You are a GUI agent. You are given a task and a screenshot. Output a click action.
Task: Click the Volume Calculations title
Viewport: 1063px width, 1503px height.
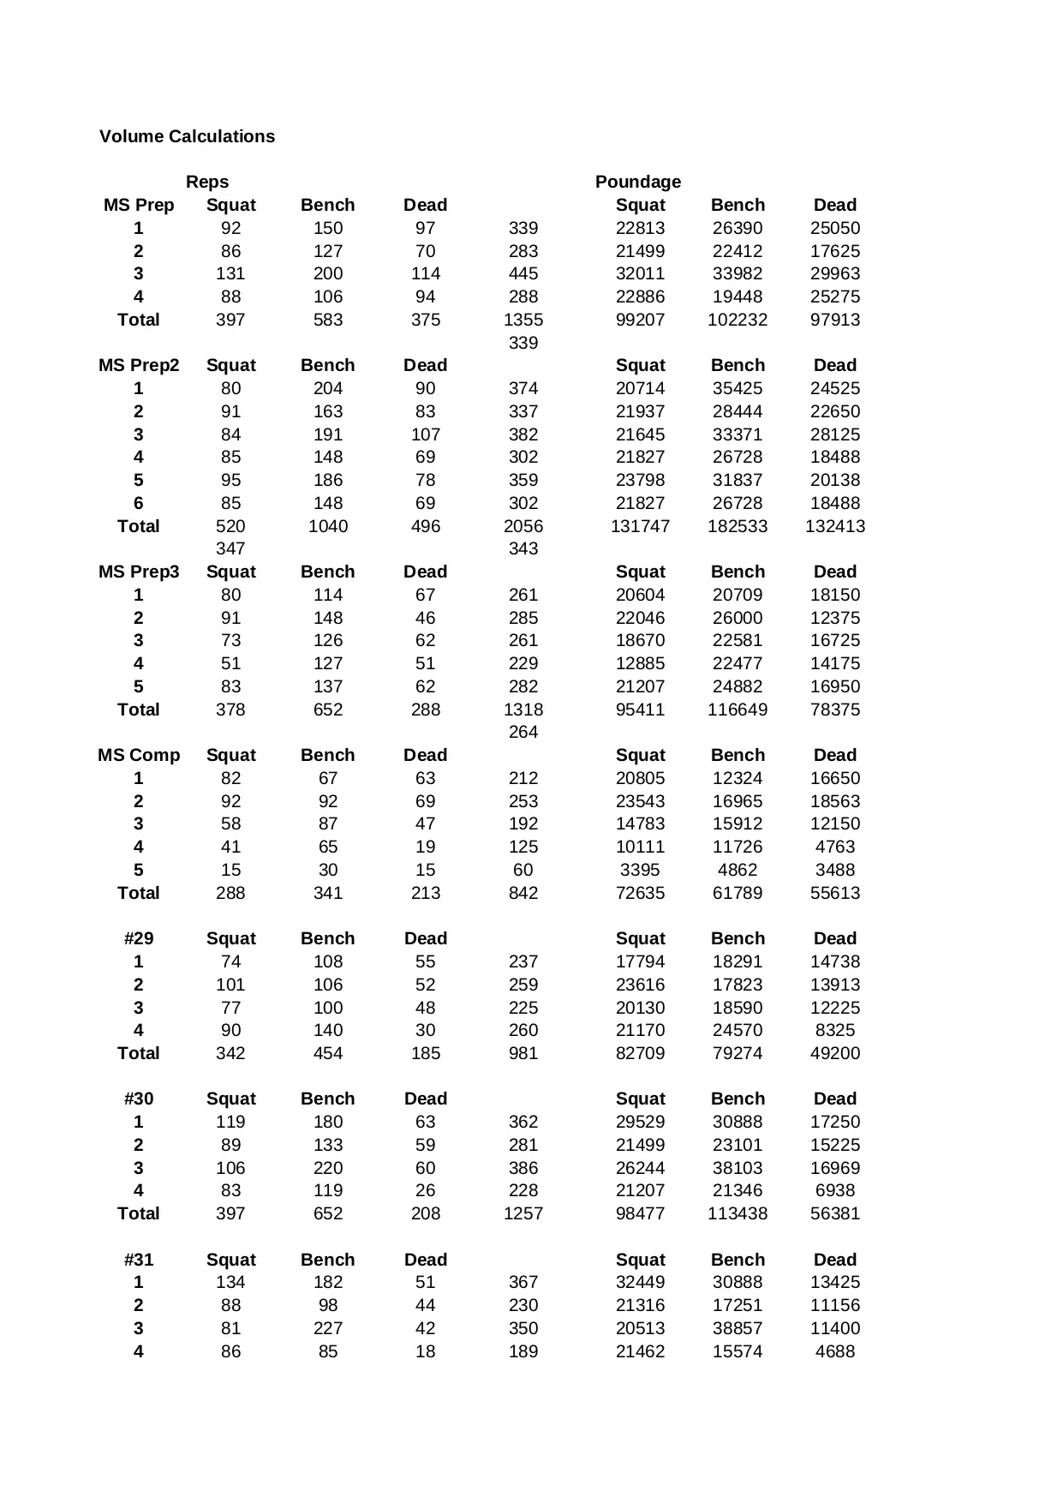point(187,136)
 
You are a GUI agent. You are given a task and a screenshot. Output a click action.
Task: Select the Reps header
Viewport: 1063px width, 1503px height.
point(207,182)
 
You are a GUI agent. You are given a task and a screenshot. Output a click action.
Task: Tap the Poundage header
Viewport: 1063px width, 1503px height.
point(638,182)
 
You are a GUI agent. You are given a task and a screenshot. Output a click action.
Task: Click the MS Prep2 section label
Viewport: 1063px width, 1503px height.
point(139,365)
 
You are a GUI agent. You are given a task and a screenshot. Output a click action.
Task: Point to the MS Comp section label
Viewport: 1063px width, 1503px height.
point(139,755)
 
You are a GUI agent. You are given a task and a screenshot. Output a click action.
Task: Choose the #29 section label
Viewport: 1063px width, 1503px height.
point(139,938)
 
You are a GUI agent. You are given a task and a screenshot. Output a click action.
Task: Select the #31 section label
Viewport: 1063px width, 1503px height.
point(139,1260)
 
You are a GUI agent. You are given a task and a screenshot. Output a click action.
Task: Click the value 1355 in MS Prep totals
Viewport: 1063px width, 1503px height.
point(523,320)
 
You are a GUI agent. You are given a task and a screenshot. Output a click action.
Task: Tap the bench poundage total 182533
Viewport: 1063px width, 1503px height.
point(738,526)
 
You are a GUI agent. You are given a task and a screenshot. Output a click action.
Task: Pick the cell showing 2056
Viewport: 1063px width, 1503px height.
point(523,526)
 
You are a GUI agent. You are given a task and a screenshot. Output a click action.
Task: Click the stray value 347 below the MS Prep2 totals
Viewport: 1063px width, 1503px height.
point(230,548)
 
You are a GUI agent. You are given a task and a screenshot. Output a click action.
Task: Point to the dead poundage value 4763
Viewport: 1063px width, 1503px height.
point(835,847)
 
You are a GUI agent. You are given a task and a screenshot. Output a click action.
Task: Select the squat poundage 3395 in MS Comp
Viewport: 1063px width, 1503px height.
point(640,870)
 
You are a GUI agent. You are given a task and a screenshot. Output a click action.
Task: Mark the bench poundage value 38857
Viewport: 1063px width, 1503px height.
point(738,1328)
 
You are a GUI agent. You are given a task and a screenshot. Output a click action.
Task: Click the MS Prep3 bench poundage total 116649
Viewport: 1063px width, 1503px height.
point(738,710)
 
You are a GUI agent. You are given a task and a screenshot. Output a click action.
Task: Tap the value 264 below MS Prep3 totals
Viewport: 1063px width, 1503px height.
point(523,732)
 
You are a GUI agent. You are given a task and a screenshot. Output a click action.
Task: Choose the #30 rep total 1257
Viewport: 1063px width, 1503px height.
point(523,1213)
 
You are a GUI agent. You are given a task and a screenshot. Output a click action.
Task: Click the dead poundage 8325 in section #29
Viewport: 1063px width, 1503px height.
point(835,1030)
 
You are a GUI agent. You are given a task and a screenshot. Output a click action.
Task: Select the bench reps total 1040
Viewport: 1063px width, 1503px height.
point(328,526)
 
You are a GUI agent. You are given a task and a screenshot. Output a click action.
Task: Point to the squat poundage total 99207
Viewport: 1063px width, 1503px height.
point(640,320)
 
